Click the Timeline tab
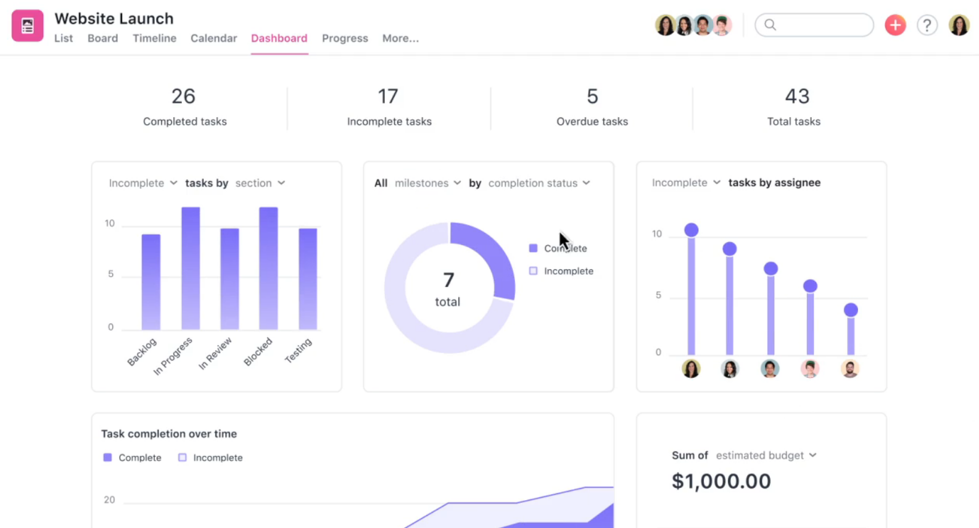pos(154,38)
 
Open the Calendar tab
pos(213,38)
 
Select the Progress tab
pos(345,38)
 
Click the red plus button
pos(895,25)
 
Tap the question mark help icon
pos(927,25)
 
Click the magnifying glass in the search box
pos(770,25)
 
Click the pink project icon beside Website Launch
pos(28,26)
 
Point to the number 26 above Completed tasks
pos(183,96)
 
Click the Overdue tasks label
pos(592,122)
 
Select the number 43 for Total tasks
pos(796,96)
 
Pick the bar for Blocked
pos(268,268)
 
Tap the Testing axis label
pos(299,350)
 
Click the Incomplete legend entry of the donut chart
pos(568,271)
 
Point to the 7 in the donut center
pos(448,280)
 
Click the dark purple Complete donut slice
pos(494,253)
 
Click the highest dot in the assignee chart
pos(692,230)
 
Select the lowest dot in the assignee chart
pos(851,310)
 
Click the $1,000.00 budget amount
pos(721,481)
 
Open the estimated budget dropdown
pos(766,456)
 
